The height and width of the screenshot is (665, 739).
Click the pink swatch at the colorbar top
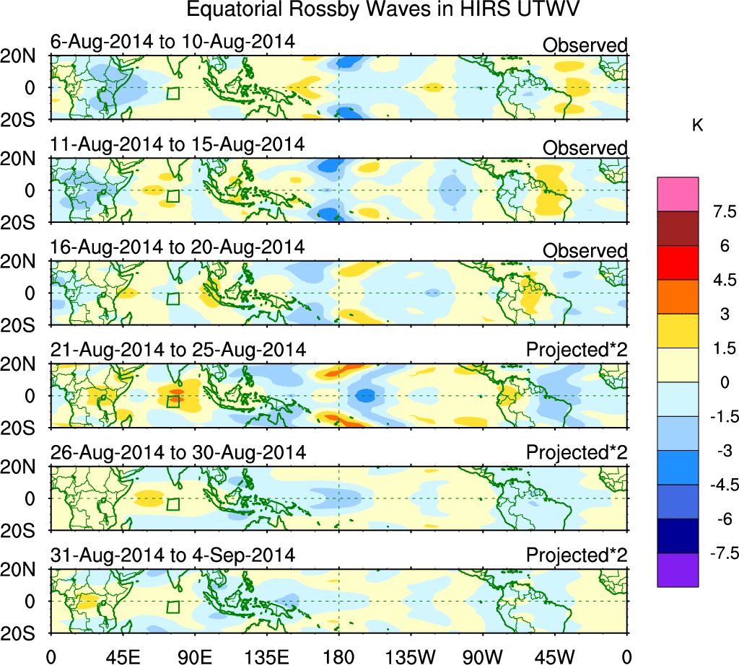pos(678,194)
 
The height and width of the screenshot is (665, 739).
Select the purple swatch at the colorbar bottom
pos(678,570)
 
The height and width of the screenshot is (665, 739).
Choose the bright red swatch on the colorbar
pos(678,263)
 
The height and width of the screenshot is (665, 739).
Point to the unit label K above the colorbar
pos(697,125)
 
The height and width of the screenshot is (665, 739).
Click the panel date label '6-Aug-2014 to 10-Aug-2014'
pos(173,42)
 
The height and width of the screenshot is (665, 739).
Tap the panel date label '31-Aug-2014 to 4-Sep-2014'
pos(173,555)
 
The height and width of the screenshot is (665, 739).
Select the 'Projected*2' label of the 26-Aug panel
pos(577,453)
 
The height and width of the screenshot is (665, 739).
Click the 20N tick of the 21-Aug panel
pos(24,365)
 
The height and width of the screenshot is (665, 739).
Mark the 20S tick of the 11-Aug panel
pos(24,222)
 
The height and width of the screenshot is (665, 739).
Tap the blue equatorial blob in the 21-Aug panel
pos(366,395)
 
